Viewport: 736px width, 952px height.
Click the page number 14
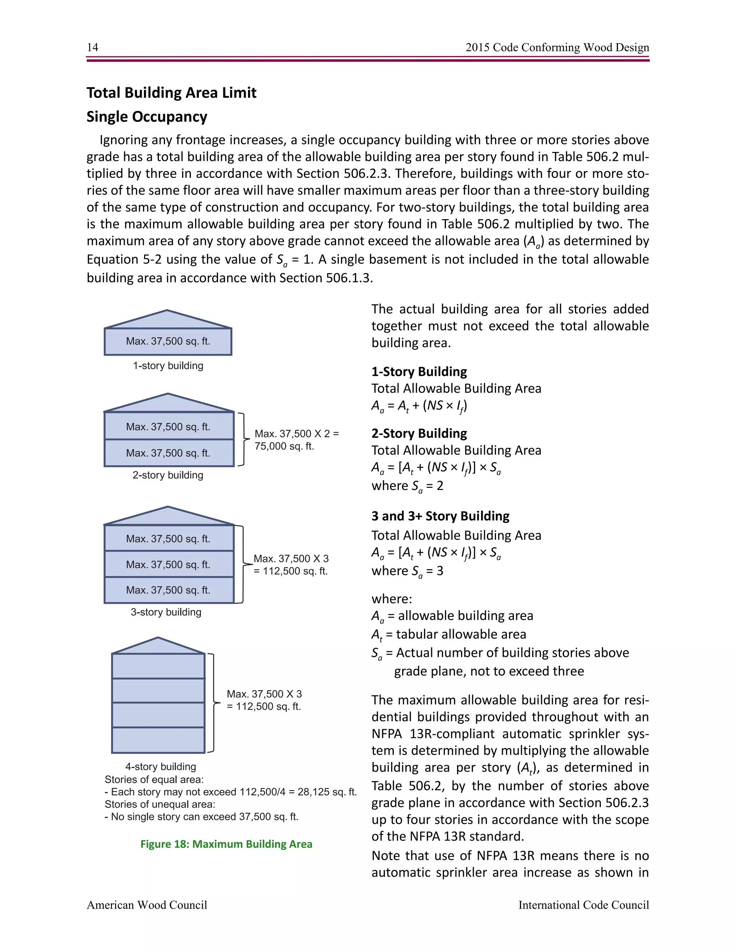[92, 47]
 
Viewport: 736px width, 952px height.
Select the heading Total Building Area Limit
[171, 93]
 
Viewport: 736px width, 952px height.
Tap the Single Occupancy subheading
[147, 117]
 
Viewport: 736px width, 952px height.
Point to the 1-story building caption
[168, 366]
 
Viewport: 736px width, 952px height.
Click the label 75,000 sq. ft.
[284, 446]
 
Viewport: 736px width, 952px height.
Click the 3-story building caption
[166, 612]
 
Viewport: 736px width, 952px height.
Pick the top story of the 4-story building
[158, 666]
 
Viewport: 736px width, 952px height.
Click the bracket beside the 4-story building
[213, 703]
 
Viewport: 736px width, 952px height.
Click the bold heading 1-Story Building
[419, 371]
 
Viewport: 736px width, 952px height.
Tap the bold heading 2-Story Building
[419, 433]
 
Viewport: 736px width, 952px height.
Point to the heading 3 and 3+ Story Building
[440, 516]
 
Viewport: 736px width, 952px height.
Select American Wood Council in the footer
[147, 905]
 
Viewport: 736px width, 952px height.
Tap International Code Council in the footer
[583, 905]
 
